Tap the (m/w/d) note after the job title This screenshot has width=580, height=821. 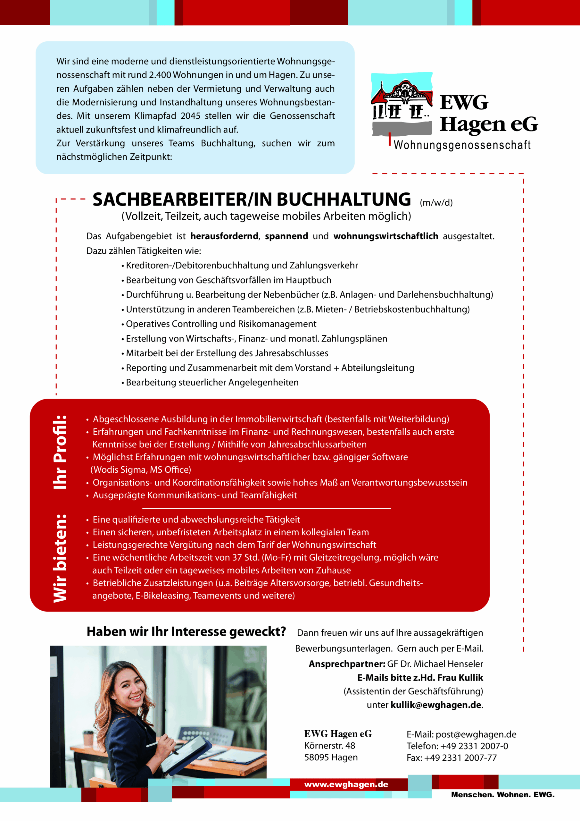click(x=436, y=203)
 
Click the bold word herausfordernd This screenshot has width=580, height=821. click(x=224, y=236)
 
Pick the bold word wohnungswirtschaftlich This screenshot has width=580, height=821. click(x=385, y=236)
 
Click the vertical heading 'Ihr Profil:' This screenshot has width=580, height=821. click(x=60, y=452)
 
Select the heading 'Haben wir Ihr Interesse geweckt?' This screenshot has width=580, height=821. click(x=186, y=632)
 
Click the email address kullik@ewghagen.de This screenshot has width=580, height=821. click(x=435, y=705)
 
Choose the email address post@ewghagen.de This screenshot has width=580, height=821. click(x=476, y=734)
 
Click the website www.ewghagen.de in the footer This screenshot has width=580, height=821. click(x=346, y=784)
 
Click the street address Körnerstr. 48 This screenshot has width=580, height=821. click(x=329, y=746)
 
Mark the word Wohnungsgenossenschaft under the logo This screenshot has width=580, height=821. click(x=462, y=145)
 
